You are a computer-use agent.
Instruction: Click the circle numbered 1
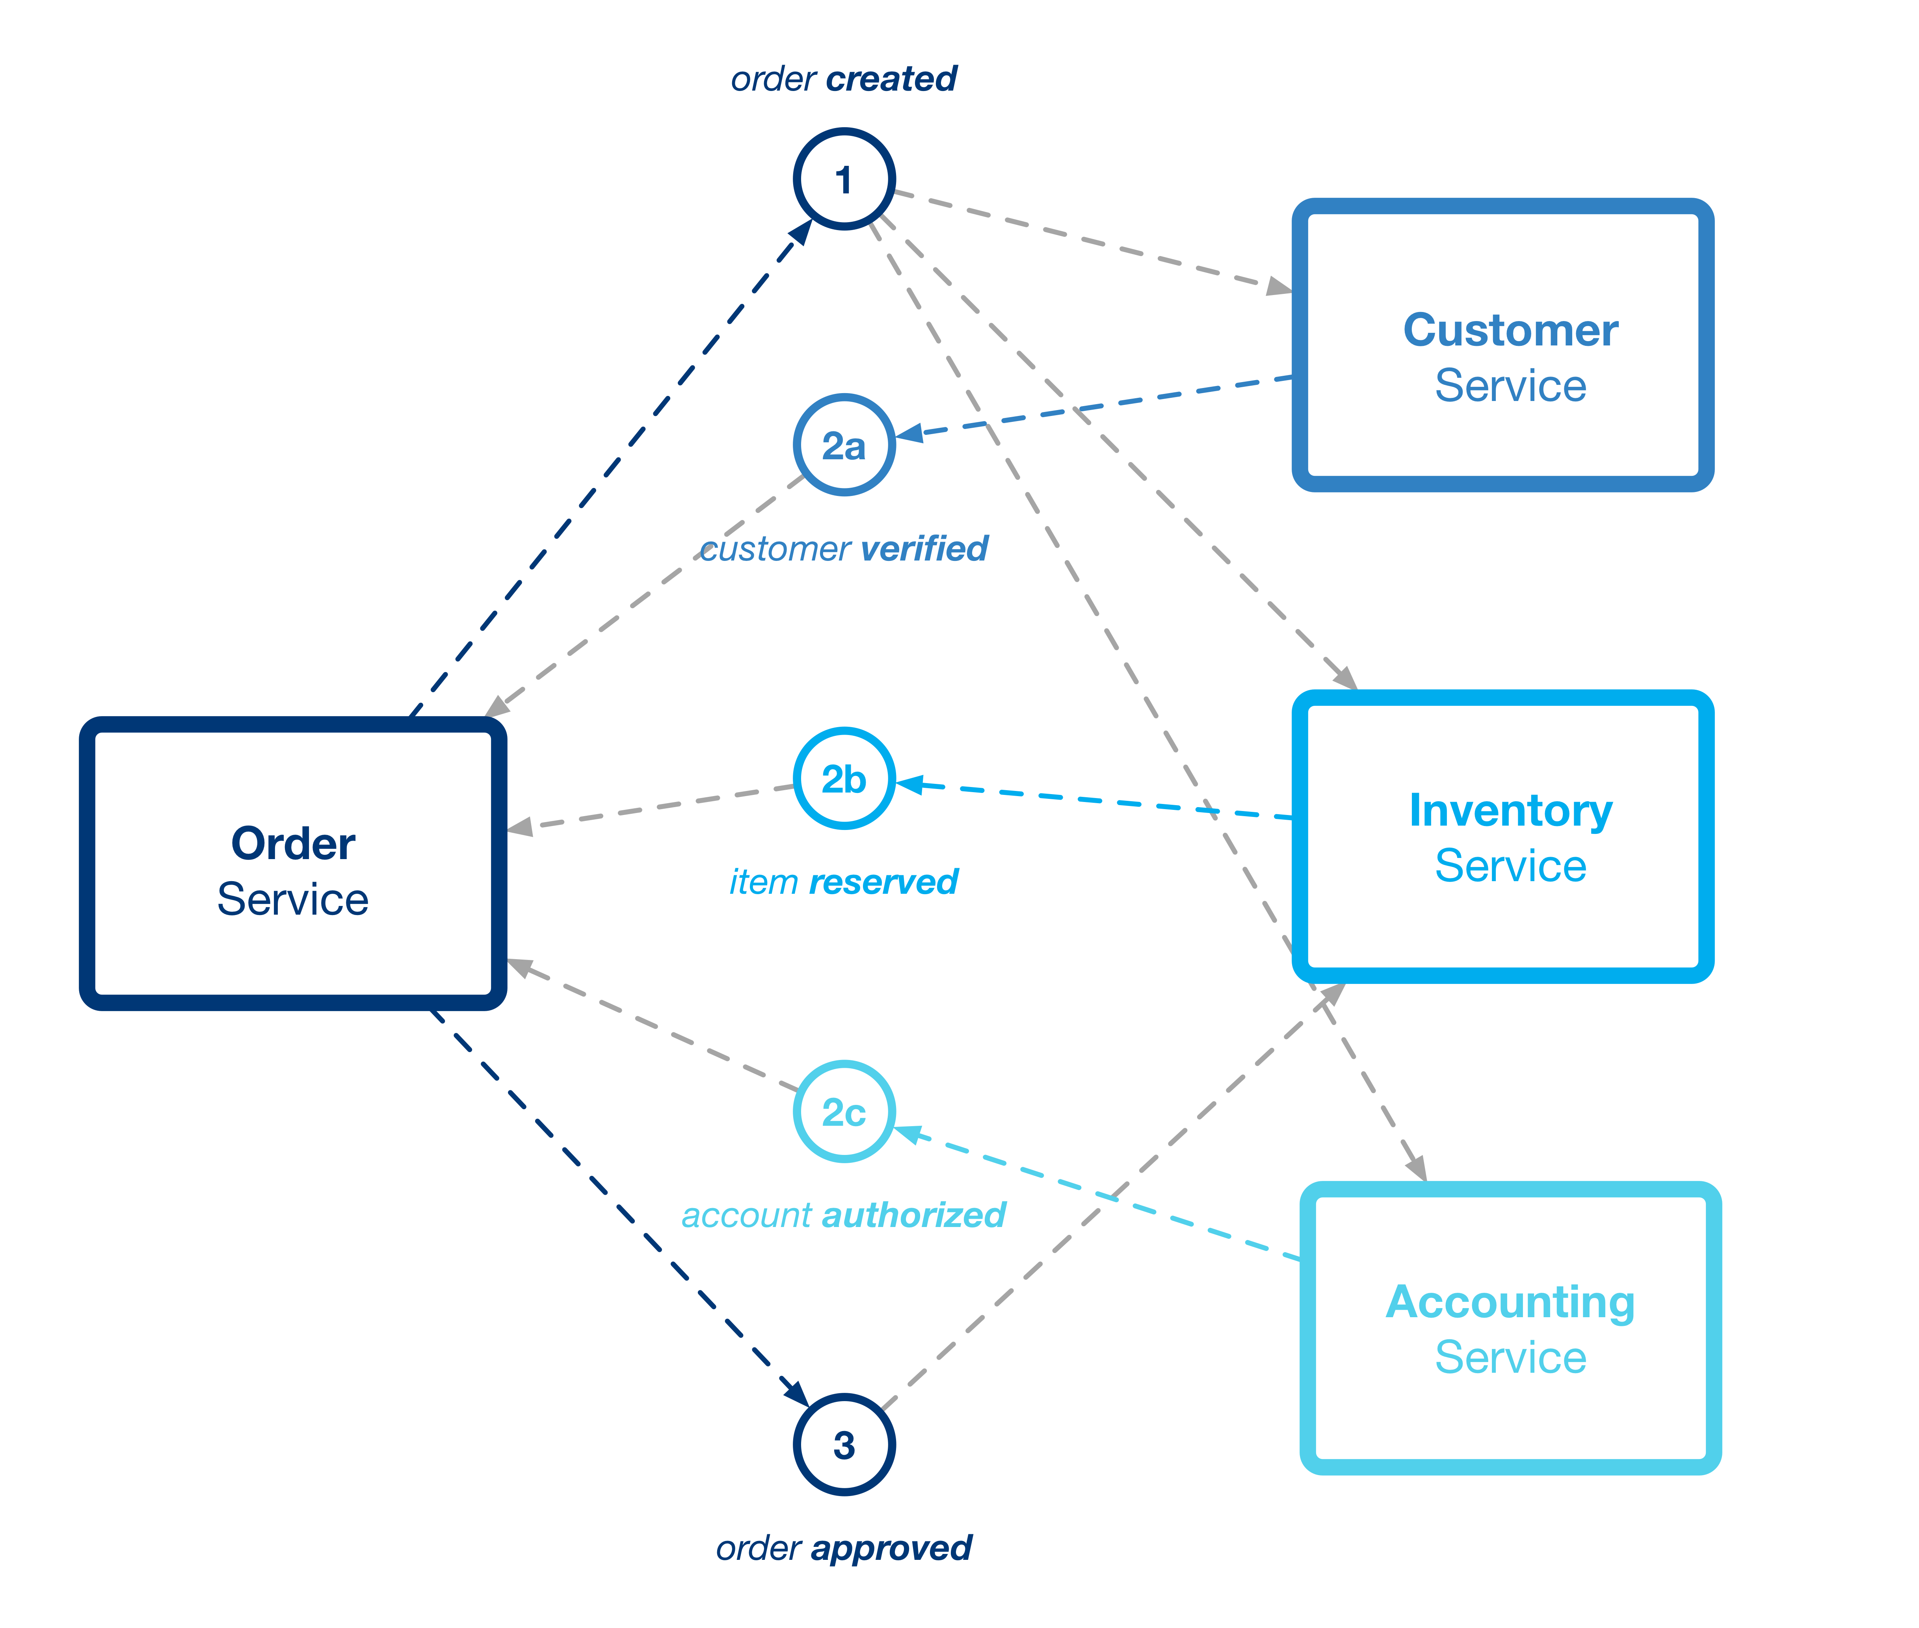pos(844,179)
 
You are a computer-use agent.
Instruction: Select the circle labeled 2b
pos(844,779)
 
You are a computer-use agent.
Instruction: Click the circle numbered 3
pos(844,1444)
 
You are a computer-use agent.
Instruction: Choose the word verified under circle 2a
pos(923,549)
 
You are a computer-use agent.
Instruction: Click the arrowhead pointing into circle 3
pos(796,1392)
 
